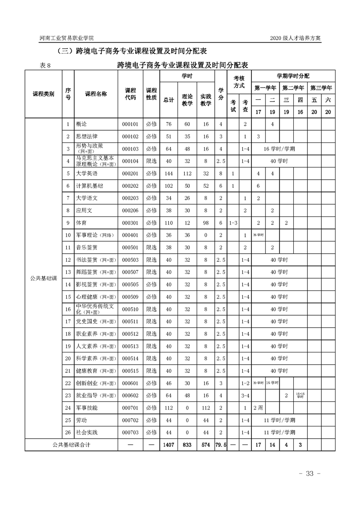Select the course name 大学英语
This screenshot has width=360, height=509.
pyautogui.click(x=87, y=173)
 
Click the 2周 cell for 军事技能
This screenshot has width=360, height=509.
pyautogui.click(x=258, y=407)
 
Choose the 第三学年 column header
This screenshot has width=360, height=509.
pyautogui.click(x=321, y=88)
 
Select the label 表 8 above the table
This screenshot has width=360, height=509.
pyautogui.click(x=45, y=65)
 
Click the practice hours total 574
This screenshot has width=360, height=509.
pyautogui.click(x=206, y=445)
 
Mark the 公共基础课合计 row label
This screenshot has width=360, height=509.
pyautogui.click(x=71, y=445)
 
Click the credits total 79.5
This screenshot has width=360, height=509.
pyautogui.click(x=221, y=445)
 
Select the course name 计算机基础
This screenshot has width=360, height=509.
pyautogui.click(x=89, y=186)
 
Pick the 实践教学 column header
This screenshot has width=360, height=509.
pyautogui.click(x=206, y=100)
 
